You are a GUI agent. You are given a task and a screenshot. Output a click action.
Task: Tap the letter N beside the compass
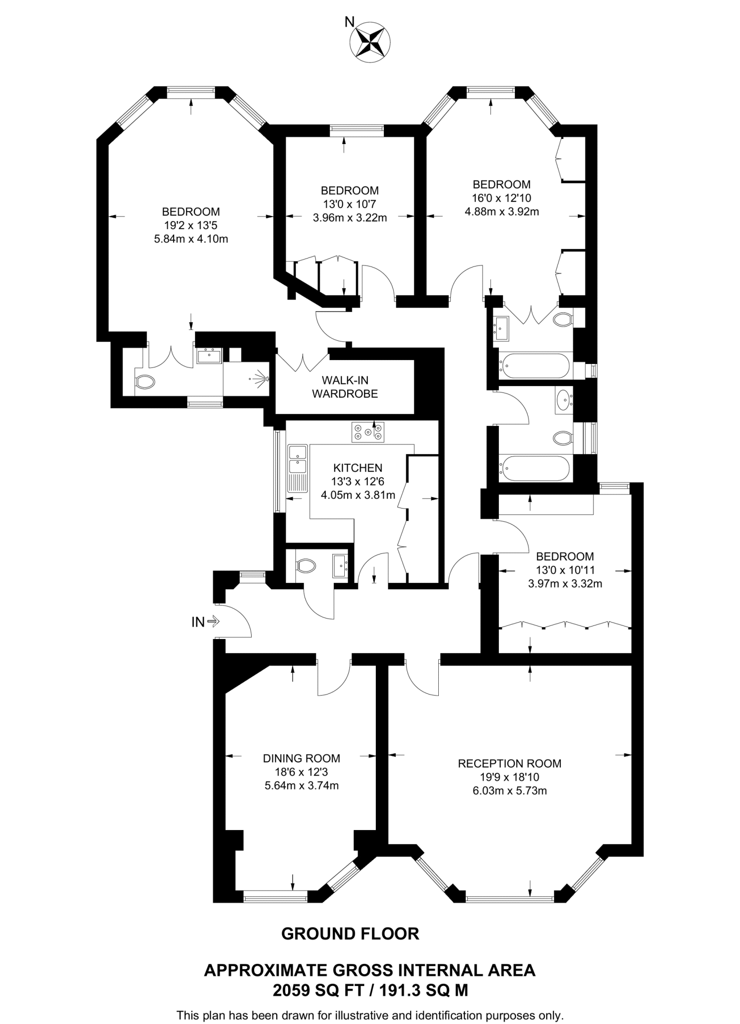[350, 21]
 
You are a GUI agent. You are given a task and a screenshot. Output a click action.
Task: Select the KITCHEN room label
[358, 468]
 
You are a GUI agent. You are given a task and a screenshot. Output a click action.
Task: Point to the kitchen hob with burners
[368, 432]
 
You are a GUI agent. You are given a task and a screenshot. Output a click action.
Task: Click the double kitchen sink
[298, 459]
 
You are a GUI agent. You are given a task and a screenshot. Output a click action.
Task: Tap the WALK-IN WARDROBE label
[345, 387]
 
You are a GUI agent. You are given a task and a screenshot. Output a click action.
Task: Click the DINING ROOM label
[301, 758]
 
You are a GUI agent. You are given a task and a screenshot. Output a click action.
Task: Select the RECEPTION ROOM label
[509, 763]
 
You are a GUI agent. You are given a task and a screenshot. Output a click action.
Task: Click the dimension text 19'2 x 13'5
[191, 225]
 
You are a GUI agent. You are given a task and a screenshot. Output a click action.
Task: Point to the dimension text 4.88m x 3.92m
[501, 211]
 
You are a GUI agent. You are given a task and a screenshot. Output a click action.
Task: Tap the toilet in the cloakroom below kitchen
[306, 566]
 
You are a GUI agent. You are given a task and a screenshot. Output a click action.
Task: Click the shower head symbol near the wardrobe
[261, 379]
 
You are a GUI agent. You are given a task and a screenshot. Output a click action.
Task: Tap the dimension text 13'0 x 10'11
[565, 569]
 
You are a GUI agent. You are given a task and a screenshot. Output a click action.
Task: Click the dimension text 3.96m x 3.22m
[349, 217]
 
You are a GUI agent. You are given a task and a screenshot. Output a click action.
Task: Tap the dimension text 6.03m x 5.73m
[509, 791]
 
